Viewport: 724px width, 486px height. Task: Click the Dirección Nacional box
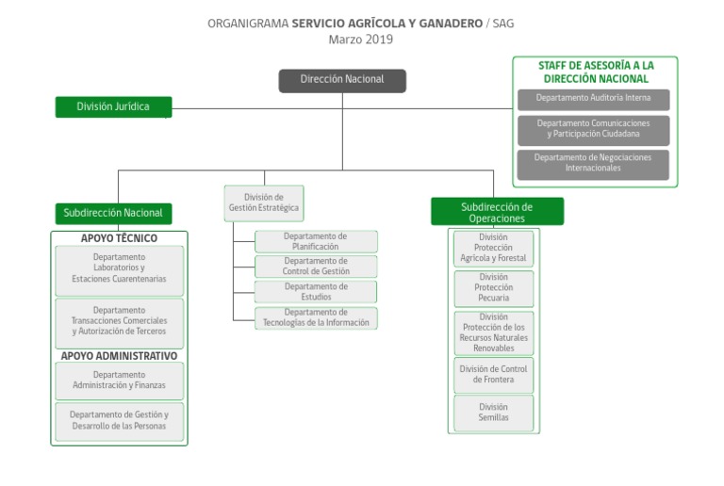(342, 80)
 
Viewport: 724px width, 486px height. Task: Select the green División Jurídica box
(113, 106)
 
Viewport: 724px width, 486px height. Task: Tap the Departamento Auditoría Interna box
(593, 98)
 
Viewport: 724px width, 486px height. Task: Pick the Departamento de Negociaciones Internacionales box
(593, 163)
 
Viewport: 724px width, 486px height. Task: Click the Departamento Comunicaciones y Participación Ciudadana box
(593, 129)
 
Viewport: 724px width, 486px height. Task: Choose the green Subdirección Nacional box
(113, 213)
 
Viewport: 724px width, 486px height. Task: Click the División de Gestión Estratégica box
(264, 202)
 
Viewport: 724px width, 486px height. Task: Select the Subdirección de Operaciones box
(497, 212)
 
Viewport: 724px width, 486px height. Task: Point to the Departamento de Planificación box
(316, 241)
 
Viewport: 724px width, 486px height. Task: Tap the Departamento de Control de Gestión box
(316, 266)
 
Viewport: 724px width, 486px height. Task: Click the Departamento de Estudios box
(316, 291)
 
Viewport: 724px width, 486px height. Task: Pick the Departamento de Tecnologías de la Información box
(316, 317)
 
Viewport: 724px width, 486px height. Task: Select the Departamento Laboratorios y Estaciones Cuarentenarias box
(119, 268)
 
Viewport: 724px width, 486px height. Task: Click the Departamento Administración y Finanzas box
(119, 381)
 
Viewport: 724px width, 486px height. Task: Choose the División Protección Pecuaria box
(493, 288)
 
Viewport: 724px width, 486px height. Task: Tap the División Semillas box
(493, 413)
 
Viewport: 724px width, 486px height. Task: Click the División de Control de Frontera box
(493, 374)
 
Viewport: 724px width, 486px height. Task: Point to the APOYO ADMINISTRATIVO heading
(119, 356)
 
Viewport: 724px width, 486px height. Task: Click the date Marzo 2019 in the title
(361, 40)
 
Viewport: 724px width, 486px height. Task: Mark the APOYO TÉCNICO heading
(119, 238)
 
